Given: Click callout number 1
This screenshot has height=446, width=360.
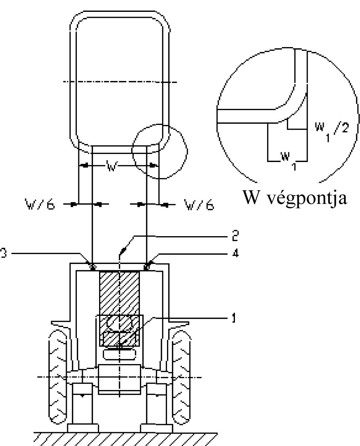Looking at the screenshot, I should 233,318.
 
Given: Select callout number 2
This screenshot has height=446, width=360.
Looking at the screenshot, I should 234,235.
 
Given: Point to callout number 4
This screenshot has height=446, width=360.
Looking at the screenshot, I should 234,254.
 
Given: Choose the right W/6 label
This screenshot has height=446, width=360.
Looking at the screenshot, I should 199,204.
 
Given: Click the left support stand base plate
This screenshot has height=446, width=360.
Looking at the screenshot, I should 83,428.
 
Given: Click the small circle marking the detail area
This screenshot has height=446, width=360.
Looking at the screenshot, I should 160,152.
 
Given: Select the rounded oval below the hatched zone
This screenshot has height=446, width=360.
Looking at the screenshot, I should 119,354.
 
